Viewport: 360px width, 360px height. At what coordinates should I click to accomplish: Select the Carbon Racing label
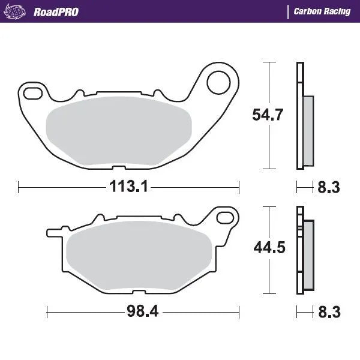[x=322, y=11]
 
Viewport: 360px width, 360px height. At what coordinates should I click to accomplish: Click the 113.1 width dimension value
[x=128, y=187]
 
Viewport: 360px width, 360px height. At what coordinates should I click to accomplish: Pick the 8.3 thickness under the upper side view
[x=328, y=188]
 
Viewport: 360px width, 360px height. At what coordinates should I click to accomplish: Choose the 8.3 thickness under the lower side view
[x=328, y=313]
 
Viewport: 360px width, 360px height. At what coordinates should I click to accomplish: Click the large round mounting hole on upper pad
[x=220, y=80]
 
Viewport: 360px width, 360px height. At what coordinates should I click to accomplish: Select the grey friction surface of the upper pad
[x=118, y=129]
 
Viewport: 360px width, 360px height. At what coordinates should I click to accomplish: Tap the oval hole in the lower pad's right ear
[x=227, y=217]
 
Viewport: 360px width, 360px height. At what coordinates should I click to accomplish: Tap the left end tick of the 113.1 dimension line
[x=19, y=187]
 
